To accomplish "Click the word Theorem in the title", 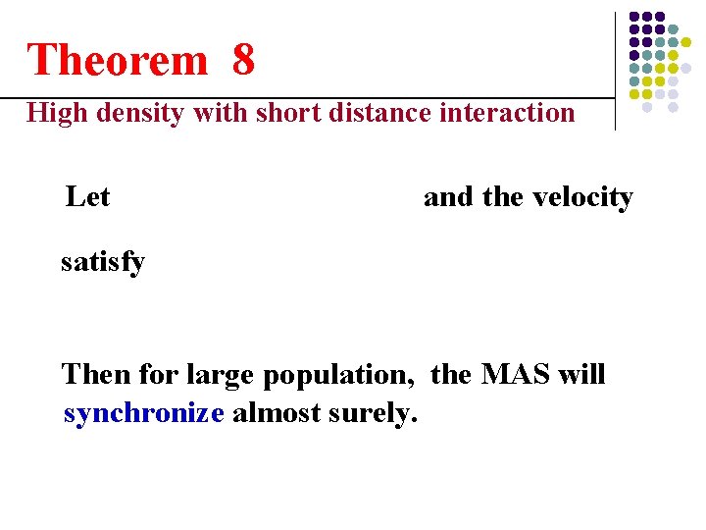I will [118, 60].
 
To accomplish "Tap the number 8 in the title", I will [243, 60].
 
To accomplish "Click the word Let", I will [87, 197].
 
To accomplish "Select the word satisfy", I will [103, 262].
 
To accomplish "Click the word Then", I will [96, 375].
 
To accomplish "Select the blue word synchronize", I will [144, 413].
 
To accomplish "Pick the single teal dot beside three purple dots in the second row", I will [673, 29].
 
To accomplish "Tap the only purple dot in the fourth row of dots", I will [634, 55].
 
